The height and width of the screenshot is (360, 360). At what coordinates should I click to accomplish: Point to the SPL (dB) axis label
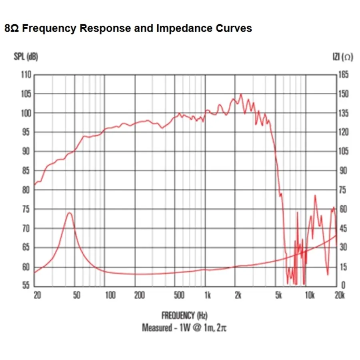click(x=26, y=57)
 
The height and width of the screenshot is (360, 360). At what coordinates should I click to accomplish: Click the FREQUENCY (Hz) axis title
click(x=185, y=316)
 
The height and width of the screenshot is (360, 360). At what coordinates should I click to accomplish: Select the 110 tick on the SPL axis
click(x=26, y=75)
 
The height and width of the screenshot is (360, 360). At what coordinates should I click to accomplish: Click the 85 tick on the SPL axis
click(x=26, y=171)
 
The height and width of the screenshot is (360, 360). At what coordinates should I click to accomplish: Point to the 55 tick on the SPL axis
click(x=26, y=286)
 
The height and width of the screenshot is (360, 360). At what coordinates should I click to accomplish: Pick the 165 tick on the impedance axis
click(x=343, y=75)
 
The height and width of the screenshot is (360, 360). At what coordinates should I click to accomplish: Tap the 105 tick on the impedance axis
click(x=343, y=152)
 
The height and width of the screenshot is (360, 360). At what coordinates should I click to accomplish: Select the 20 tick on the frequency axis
click(x=37, y=296)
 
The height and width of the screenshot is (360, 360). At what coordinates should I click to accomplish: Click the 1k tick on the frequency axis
click(x=207, y=296)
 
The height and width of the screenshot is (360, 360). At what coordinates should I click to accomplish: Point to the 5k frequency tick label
click(x=278, y=296)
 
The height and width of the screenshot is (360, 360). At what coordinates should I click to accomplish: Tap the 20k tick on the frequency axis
click(x=339, y=296)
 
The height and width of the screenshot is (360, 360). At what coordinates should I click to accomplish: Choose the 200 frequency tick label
click(x=139, y=296)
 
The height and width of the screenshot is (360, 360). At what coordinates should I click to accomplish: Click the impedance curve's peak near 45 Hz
click(x=69, y=213)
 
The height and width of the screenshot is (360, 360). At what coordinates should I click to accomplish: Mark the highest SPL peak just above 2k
click(x=240, y=94)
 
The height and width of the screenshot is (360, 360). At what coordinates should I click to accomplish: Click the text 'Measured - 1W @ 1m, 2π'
click(x=185, y=328)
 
